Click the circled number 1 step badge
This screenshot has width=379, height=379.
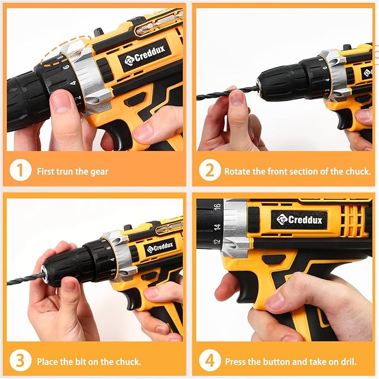coord(21,171)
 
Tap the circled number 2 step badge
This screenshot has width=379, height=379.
coord(210,171)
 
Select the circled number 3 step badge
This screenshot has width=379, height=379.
coord(21,361)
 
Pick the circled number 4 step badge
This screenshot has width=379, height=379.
coord(210,361)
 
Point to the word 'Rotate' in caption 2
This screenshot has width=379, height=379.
coord(237,171)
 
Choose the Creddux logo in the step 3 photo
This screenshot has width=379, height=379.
coord(160,246)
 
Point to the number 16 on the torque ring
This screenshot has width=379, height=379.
coord(217,207)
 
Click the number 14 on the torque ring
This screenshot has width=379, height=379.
coord(217,227)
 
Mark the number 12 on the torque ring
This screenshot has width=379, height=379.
coord(216,243)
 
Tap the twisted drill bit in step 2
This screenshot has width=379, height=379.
coord(220,94)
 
